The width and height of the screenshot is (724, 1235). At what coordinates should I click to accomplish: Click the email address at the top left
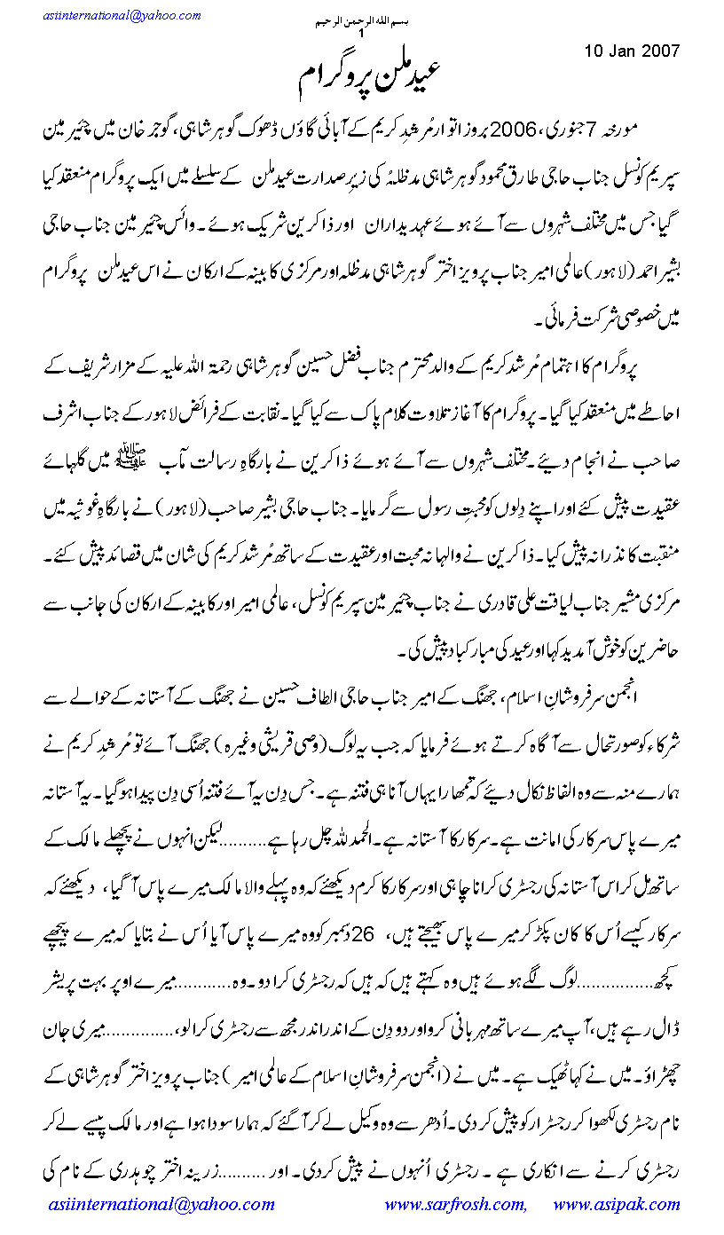pyautogui.click(x=121, y=16)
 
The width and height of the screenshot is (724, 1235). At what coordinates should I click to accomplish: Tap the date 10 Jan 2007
pyautogui.click(x=632, y=50)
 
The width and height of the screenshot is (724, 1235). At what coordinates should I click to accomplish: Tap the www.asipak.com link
pyautogui.click(x=616, y=1205)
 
